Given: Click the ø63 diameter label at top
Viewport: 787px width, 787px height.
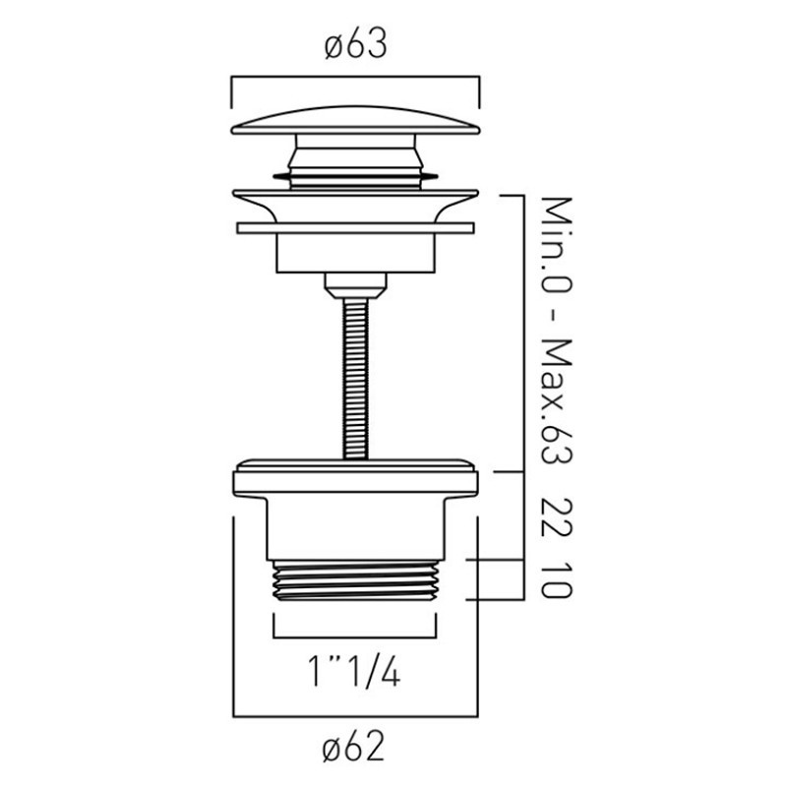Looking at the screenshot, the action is point(355,43).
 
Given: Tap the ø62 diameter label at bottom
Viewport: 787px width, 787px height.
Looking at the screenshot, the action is point(353,746).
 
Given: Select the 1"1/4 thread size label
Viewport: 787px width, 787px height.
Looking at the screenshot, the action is point(354,671).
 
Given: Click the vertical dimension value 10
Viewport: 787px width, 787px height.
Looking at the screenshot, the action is point(558,580).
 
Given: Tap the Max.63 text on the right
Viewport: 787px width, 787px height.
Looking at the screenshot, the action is point(558,402).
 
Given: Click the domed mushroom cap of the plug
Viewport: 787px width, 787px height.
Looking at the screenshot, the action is point(355,120).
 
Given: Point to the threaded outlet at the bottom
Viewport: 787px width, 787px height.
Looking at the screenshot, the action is point(355,580).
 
